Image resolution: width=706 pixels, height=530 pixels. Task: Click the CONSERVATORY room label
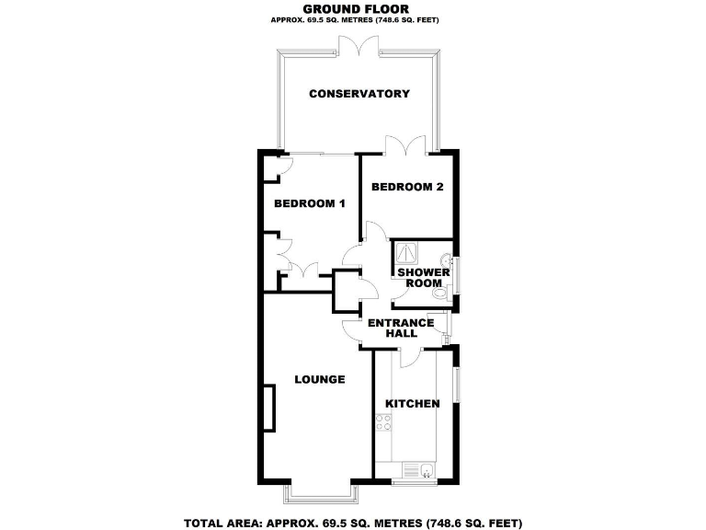point(359,94)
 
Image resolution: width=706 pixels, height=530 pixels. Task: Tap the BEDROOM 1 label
point(310,203)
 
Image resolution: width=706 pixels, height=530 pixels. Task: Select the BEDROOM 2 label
point(407,187)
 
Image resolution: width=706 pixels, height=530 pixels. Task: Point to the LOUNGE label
point(320,379)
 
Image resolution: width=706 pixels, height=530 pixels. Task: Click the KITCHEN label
point(413,403)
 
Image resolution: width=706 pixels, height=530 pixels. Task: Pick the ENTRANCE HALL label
point(401,328)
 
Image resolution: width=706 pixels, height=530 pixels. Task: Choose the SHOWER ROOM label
point(424,278)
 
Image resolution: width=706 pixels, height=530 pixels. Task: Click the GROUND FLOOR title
point(356,9)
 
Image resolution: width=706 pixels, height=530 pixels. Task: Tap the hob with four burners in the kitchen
point(383,422)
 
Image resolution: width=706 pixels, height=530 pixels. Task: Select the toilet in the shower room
point(441,294)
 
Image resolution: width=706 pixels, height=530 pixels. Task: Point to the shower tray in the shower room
point(405,252)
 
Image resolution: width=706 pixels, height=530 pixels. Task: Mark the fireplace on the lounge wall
point(269,409)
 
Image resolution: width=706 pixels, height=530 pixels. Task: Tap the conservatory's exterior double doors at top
point(359,46)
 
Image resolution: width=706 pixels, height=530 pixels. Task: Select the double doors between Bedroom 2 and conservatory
point(406,145)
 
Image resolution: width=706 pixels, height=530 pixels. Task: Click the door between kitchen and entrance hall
point(410,357)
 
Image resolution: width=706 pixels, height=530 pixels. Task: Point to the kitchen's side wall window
point(458,385)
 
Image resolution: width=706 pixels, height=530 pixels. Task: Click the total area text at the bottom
point(353,524)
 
